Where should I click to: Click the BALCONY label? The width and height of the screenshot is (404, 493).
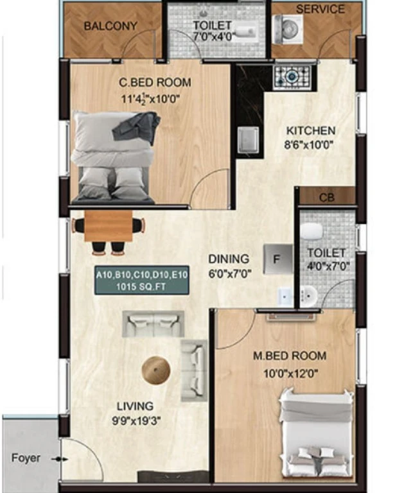pos(110,26)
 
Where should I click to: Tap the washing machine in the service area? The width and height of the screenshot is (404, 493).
pos(288,29)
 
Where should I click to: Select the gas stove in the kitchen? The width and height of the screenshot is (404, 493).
pos(293,76)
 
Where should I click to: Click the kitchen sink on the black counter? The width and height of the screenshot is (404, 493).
pos(249,139)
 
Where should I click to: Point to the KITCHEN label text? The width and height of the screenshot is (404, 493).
pos(311,130)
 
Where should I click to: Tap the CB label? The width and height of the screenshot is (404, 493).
pos(326,198)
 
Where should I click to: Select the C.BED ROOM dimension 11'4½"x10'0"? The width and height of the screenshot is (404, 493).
pos(150,99)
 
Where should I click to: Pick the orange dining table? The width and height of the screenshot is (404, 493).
pos(109,226)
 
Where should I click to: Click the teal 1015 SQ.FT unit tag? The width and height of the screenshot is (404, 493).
pos(141,280)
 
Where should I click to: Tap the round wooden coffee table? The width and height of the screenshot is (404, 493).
pos(156,370)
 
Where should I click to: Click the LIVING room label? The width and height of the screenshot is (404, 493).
pos(136,406)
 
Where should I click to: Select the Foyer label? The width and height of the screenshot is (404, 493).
pos(26,458)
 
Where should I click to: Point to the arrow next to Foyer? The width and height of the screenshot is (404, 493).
pos(60,460)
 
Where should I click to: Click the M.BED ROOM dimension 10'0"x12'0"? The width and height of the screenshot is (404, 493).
pos(291,374)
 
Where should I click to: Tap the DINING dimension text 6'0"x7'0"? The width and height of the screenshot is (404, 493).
pos(230,274)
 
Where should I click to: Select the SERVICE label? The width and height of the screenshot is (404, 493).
pos(321,9)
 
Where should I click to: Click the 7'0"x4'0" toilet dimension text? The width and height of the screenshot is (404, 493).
pos(214,37)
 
